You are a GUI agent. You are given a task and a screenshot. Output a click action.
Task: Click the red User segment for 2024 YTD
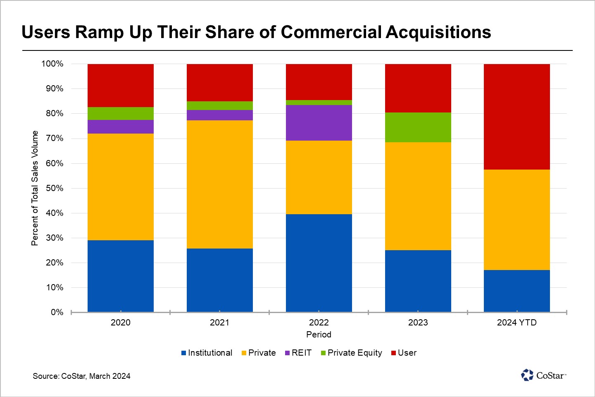(x=516, y=117)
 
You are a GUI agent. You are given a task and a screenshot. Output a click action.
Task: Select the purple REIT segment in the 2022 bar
(x=319, y=123)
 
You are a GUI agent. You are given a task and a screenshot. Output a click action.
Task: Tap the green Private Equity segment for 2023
(x=418, y=127)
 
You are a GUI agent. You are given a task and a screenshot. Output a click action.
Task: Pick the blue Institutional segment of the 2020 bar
(x=120, y=276)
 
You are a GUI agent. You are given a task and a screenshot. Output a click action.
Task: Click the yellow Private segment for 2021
(x=219, y=184)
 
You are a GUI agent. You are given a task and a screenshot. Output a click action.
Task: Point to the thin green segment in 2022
(x=319, y=103)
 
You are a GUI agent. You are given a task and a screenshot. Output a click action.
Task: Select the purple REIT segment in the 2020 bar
(x=120, y=127)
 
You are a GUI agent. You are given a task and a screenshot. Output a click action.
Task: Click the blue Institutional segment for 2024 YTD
(x=516, y=291)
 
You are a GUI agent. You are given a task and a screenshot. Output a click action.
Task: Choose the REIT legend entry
(x=298, y=353)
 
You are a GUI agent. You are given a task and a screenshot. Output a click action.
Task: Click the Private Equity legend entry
(x=351, y=353)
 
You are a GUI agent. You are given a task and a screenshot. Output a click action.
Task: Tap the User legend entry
(x=404, y=353)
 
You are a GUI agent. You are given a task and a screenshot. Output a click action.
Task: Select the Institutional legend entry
(x=207, y=353)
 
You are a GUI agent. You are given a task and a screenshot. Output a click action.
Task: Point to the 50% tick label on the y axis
(x=55, y=188)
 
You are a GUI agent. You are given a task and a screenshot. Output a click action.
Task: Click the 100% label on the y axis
(x=52, y=64)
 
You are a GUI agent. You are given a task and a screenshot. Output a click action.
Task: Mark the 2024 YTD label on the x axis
(x=516, y=323)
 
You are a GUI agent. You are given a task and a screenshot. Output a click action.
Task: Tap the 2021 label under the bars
(x=219, y=323)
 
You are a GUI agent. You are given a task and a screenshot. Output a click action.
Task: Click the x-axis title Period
(x=319, y=334)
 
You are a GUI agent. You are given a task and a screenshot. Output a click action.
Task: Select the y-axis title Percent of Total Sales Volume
(x=35, y=188)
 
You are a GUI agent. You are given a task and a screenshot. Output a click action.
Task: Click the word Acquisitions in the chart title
(x=438, y=32)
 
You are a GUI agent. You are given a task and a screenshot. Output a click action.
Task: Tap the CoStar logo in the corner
(x=543, y=375)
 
